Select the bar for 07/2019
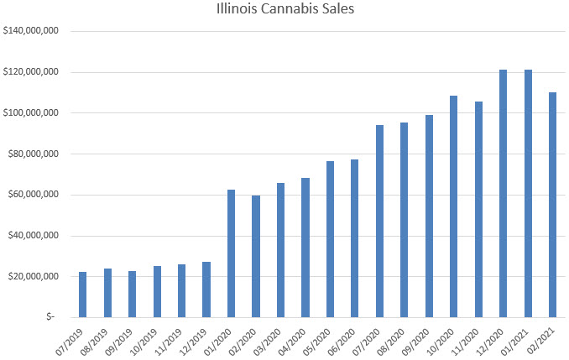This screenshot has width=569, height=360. [x=82, y=295]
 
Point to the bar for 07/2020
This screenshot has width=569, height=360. [x=379, y=221]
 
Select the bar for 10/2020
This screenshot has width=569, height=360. [x=454, y=206]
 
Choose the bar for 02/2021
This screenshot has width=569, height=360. [x=553, y=205]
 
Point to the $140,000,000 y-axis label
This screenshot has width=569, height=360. [x=31, y=31]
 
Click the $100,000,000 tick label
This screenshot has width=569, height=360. [x=31, y=112]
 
